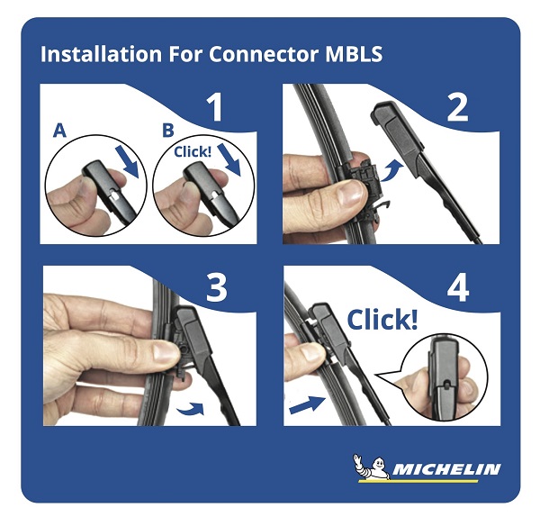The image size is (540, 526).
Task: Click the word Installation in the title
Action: click(x=101, y=54)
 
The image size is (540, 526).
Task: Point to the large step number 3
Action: click(x=217, y=288)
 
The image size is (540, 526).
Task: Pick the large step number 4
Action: click(x=458, y=288)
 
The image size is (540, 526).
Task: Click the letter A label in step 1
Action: click(x=59, y=131)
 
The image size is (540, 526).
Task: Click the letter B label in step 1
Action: click(x=168, y=131)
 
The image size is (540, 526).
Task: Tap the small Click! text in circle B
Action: click(x=193, y=151)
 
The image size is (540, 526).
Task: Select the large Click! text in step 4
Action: click(x=382, y=320)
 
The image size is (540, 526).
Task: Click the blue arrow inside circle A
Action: click(x=128, y=161)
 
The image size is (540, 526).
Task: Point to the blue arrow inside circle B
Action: click(x=229, y=160)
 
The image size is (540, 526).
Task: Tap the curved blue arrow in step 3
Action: click(x=191, y=408)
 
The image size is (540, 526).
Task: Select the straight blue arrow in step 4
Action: click(x=307, y=404)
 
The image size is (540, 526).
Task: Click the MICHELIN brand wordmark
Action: click(x=446, y=469)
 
